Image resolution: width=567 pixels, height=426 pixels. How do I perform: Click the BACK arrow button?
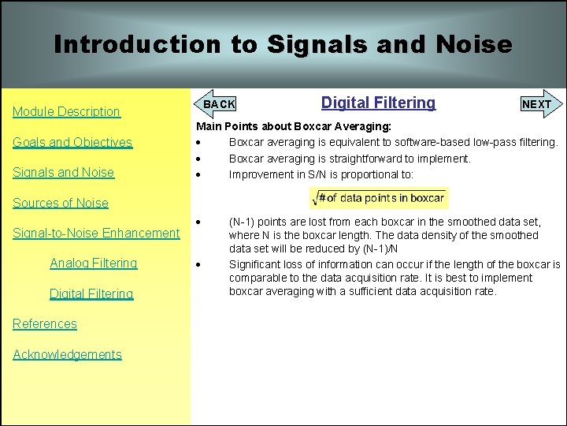(217, 104)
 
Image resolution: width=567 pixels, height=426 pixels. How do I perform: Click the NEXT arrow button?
(538, 104)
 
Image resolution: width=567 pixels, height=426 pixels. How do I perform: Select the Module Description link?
(66, 112)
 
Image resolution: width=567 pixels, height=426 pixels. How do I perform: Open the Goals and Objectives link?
(72, 142)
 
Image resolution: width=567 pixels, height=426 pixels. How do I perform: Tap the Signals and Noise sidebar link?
(63, 173)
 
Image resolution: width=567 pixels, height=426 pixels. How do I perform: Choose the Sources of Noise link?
(61, 203)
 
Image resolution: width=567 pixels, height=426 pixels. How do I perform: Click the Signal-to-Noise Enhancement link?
(96, 233)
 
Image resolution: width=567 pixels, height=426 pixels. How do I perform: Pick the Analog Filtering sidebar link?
(93, 263)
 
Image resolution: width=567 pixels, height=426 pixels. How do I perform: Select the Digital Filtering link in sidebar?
(91, 293)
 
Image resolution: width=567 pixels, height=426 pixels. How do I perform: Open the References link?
(45, 324)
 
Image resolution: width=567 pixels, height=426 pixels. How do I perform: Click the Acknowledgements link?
(67, 354)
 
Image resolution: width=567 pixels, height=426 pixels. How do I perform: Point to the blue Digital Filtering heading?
(378, 103)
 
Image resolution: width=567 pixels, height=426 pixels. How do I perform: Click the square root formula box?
(380, 197)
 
